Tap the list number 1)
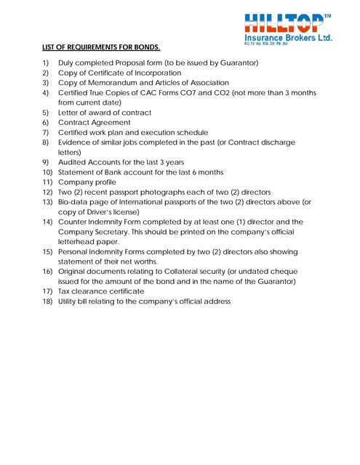(46, 62)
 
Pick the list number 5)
(46, 113)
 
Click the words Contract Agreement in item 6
(95, 123)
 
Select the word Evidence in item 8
(76, 142)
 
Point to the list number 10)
(47, 172)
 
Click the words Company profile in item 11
(87, 182)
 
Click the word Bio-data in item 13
(76, 202)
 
